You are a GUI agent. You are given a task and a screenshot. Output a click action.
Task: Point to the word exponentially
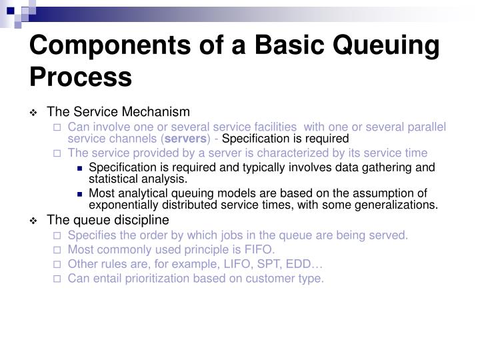pos(122,205)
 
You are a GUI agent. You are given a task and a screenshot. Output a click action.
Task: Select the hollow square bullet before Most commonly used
pos(57,250)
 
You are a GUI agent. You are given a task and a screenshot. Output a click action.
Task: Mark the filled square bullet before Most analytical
pos(80,194)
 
